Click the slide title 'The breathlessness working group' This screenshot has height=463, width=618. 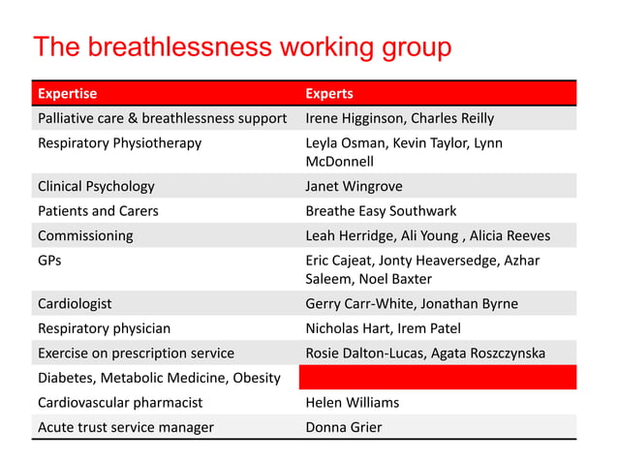(x=242, y=48)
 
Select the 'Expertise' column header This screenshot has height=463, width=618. (x=67, y=94)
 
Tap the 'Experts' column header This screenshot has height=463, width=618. (x=329, y=94)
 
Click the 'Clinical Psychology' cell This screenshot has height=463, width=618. (x=96, y=186)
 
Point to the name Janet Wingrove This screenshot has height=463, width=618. (x=354, y=186)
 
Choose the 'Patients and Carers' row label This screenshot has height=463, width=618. (x=98, y=210)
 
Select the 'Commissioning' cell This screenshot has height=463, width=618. (x=85, y=235)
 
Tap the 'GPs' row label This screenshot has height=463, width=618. (x=49, y=260)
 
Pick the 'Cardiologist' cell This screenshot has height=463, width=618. (x=75, y=303)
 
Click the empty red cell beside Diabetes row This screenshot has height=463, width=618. (x=437, y=377)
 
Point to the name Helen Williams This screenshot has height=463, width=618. (x=352, y=402)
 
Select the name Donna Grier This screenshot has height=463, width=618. (x=344, y=426)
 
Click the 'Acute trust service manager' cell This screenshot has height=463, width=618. (x=125, y=426)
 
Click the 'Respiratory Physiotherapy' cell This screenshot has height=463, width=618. (x=119, y=143)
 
